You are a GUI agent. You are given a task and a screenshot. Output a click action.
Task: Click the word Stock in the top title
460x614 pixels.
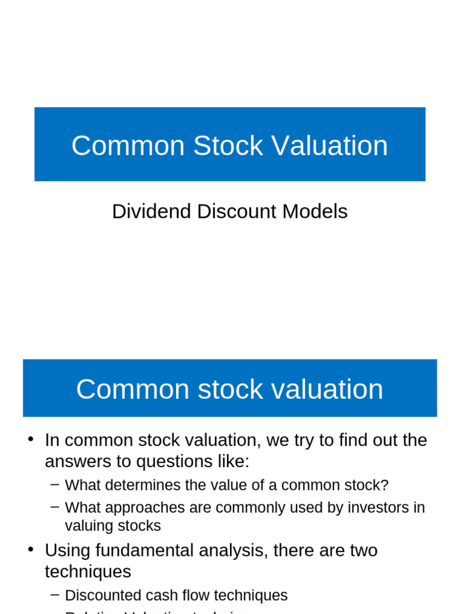(x=228, y=146)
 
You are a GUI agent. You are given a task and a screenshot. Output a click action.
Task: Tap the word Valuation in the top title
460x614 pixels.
(x=329, y=146)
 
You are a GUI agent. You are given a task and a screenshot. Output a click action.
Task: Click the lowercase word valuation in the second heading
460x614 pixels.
(x=327, y=389)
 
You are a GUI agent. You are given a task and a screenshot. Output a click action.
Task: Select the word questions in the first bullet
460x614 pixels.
(x=172, y=462)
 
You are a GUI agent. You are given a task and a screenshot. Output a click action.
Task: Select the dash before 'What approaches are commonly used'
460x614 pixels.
(x=55, y=507)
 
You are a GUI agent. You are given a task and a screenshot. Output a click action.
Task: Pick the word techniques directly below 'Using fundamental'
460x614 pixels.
(x=88, y=571)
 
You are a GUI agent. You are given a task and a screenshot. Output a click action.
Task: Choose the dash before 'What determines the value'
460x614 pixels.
(x=55, y=484)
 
